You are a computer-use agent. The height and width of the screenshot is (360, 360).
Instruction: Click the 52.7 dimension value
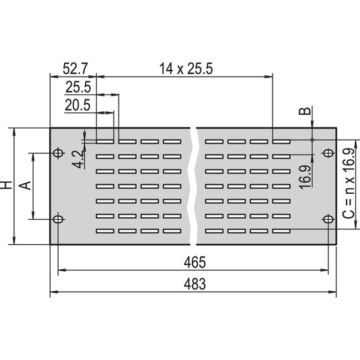click(x=75, y=69)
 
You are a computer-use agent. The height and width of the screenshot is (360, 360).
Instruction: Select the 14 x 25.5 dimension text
click(x=187, y=69)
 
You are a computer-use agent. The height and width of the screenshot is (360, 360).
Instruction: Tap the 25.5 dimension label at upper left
click(x=78, y=87)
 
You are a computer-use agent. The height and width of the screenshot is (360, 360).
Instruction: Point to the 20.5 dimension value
click(x=78, y=105)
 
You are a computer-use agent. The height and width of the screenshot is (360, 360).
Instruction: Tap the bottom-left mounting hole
click(x=58, y=220)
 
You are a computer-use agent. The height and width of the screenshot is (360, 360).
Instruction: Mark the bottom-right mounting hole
click(x=328, y=220)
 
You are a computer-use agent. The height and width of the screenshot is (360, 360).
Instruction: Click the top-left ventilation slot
click(x=106, y=141)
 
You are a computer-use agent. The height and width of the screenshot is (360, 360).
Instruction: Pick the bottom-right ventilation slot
click(x=281, y=230)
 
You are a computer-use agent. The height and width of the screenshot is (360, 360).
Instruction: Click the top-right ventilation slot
click(x=281, y=141)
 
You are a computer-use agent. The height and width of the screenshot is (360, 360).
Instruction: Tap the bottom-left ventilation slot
click(x=106, y=230)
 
